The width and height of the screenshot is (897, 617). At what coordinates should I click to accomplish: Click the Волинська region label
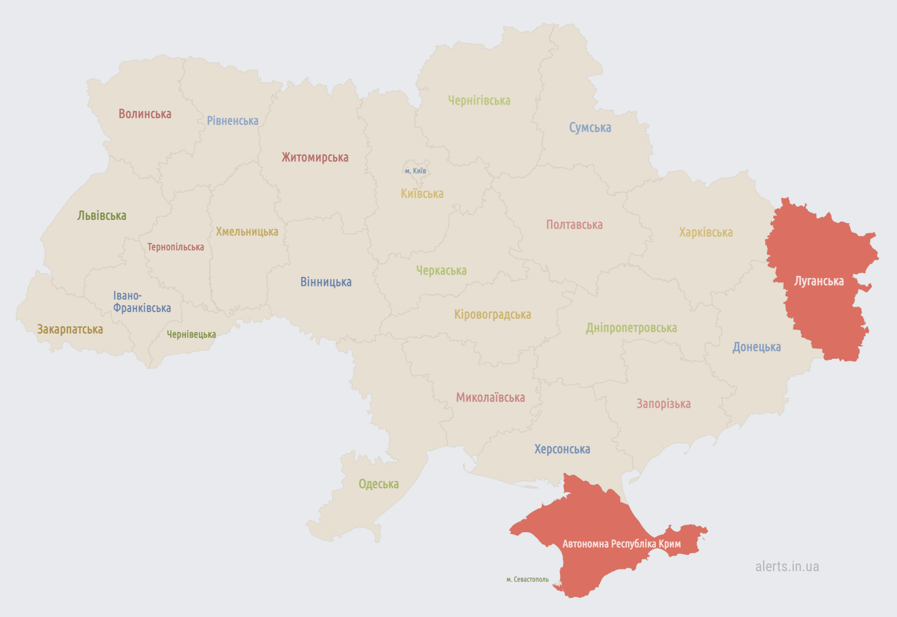click(x=145, y=114)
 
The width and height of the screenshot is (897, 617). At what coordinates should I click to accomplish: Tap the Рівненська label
click(x=233, y=121)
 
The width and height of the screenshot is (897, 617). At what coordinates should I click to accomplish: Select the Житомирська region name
click(x=315, y=158)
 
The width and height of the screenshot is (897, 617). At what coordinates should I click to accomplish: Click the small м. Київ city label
click(x=415, y=171)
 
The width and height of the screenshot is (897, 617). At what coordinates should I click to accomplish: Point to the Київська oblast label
click(x=422, y=194)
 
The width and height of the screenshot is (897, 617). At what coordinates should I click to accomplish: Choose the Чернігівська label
click(x=479, y=101)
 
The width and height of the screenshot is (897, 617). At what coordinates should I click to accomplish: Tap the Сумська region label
click(x=590, y=128)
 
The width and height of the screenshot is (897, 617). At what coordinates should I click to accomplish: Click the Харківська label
click(x=705, y=233)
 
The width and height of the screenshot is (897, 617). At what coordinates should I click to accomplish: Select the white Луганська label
click(x=819, y=281)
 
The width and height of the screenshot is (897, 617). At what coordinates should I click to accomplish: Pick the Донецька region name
click(x=757, y=347)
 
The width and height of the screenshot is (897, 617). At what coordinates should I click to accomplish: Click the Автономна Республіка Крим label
click(x=621, y=544)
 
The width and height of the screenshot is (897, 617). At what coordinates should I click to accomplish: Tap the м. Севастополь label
click(x=527, y=579)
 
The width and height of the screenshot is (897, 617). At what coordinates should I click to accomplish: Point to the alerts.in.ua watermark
click(x=787, y=566)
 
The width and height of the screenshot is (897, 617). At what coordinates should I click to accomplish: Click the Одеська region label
click(x=378, y=484)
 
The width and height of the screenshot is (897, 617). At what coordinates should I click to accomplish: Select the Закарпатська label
click(x=70, y=330)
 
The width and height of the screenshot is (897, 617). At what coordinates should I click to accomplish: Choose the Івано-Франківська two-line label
click(x=141, y=302)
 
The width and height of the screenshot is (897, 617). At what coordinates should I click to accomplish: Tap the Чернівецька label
click(x=191, y=334)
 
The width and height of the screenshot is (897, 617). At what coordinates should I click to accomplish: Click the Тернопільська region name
click(x=175, y=247)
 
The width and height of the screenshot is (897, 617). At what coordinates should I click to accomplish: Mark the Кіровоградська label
click(x=492, y=315)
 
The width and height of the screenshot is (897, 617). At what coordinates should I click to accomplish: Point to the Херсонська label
click(x=562, y=449)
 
